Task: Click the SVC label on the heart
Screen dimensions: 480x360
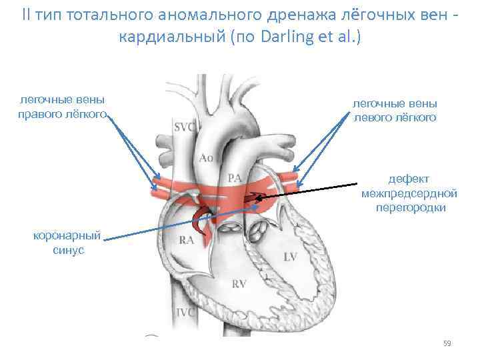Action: coord(184,126)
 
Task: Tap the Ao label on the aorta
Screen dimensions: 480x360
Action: coord(207,158)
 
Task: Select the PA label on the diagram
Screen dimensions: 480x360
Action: coord(234,178)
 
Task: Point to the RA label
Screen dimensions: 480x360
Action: coord(186,240)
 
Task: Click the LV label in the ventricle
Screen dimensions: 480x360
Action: coord(290,257)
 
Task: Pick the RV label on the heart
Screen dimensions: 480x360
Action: coord(239,284)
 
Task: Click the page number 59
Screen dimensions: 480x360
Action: coord(447,343)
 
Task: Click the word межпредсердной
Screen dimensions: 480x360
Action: coord(409,193)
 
